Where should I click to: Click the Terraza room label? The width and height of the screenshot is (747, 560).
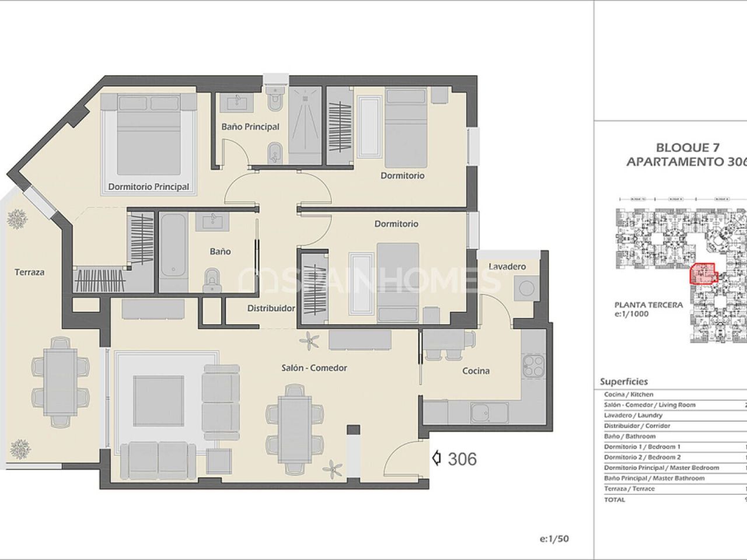[x=29, y=272]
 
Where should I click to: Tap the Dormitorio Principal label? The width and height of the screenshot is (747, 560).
[x=148, y=187]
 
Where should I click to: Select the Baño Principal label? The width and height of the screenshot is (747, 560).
[x=250, y=127]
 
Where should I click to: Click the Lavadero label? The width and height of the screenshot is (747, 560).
[x=507, y=267]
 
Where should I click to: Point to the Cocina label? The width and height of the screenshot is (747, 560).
[x=476, y=370]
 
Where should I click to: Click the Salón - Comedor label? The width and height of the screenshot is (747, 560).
[x=314, y=367]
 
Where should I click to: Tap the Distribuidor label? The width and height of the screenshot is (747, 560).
[x=271, y=308]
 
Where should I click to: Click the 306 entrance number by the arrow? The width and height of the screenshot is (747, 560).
[x=462, y=459]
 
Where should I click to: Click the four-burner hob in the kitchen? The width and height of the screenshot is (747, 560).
[x=533, y=366]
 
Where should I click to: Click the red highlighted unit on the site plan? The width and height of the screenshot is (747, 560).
[x=703, y=274]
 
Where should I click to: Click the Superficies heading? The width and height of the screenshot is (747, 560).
[x=624, y=381]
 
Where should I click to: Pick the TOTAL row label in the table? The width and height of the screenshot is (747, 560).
[x=615, y=499]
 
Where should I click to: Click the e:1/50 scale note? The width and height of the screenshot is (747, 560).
[x=554, y=539]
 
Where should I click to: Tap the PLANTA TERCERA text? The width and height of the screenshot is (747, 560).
[x=648, y=304]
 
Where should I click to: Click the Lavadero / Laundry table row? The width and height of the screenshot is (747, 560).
[x=633, y=415]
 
